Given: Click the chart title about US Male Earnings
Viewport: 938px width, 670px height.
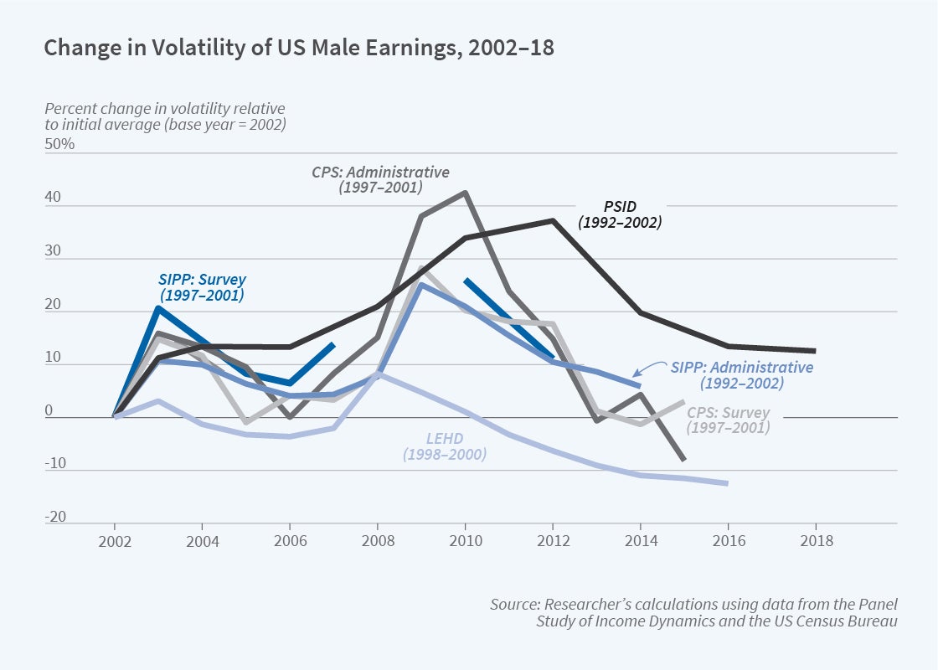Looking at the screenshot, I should point(298,48).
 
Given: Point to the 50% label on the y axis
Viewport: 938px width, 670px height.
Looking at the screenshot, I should point(59,144).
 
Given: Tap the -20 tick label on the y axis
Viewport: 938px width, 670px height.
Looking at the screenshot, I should point(56,518).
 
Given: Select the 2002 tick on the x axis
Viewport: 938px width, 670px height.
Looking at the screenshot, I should point(114,541).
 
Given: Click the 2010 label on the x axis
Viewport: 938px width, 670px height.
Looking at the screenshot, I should point(465,541).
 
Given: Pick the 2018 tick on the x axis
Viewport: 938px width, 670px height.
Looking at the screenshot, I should point(816,541).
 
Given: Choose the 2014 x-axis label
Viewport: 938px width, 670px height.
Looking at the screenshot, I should point(641,541).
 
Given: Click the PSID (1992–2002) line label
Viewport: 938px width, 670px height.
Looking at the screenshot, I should point(620,214).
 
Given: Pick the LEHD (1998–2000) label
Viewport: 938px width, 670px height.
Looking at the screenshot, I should point(444,446).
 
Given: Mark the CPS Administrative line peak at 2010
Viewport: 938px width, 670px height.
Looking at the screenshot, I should point(465,193).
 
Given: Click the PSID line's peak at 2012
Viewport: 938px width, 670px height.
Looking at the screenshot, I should point(553,220).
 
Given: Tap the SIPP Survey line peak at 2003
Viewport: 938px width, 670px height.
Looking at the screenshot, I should point(158,308).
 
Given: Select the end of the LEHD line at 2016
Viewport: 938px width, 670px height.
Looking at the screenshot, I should point(727,483).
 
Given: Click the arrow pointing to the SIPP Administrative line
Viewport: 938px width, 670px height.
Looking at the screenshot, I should point(645,373).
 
